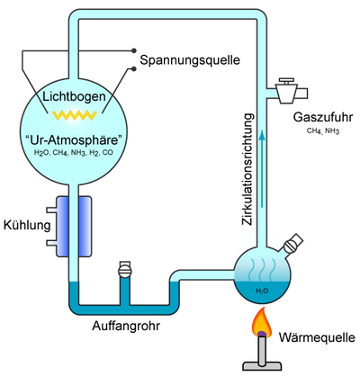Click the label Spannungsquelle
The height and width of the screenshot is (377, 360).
point(190,60)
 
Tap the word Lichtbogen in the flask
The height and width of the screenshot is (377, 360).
point(74,96)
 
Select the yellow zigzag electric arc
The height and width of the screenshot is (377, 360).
point(75,115)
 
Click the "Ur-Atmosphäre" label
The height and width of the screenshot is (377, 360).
point(74,140)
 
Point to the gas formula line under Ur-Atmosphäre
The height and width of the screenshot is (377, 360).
point(74,153)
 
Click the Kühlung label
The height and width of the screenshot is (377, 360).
point(27,225)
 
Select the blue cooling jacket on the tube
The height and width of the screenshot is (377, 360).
point(74,227)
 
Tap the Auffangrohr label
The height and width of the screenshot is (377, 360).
point(126,326)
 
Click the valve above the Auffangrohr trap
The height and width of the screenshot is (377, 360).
point(125,270)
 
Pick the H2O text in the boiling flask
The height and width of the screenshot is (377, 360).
point(262,291)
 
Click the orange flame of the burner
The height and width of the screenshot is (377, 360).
point(262,323)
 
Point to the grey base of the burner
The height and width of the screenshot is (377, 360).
point(262,366)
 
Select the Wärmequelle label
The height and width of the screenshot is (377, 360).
point(317,337)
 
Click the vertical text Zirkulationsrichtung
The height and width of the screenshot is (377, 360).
point(247,169)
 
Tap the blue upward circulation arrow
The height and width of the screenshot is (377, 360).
point(262,168)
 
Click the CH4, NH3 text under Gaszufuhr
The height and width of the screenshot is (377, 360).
point(323,131)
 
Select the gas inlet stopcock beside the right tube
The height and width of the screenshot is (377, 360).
point(287,91)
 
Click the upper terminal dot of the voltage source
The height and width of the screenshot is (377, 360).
point(134,50)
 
